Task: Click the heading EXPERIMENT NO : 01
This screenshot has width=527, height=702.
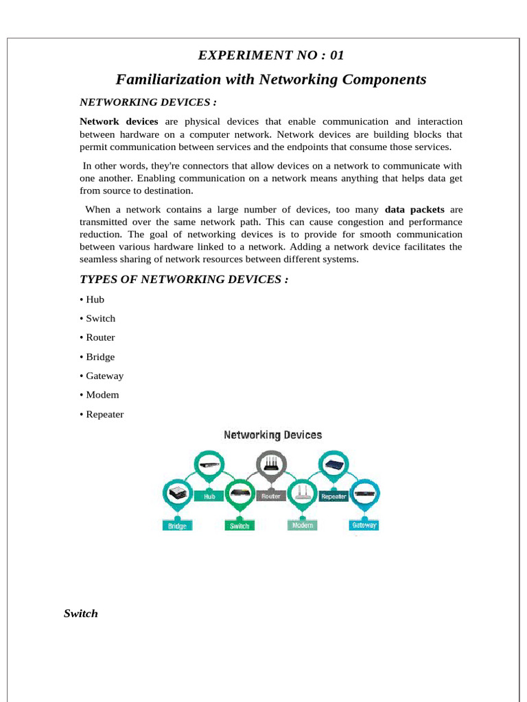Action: tap(270, 56)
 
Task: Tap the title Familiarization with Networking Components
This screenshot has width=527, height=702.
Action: tap(271, 80)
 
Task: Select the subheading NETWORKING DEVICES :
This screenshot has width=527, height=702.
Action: tap(148, 102)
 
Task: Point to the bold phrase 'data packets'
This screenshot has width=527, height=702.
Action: tap(414, 209)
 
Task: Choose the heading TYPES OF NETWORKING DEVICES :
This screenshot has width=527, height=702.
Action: tap(184, 279)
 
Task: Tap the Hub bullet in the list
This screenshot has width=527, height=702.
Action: tap(95, 300)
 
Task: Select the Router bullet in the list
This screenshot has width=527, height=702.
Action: tap(100, 337)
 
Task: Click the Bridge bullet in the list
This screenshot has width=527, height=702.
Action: tap(100, 356)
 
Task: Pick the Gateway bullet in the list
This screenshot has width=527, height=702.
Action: tap(104, 376)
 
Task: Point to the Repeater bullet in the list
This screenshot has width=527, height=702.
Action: tap(104, 414)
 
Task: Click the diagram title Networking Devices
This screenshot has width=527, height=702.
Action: tap(272, 435)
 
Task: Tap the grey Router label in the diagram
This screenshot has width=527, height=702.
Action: tap(271, 496)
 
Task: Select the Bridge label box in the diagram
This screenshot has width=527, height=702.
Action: tap(177, 526)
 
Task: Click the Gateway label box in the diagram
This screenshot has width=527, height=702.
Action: tap(364, 525)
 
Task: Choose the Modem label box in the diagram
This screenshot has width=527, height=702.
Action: tap(302, 525)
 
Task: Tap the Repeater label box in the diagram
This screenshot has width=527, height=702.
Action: tap(333, 496)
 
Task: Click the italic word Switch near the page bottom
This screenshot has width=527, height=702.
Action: tap(81, 614)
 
